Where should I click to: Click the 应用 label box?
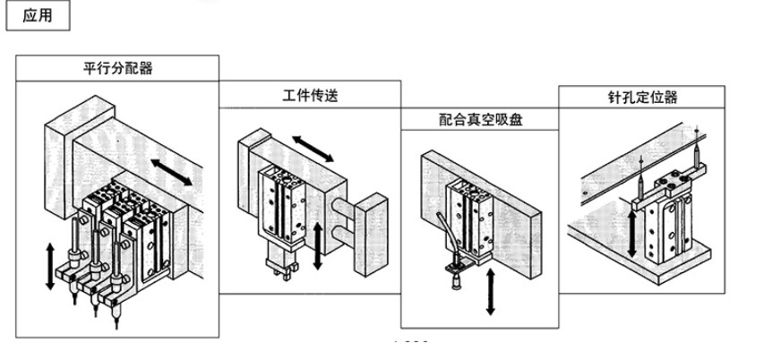(x=38, y=15)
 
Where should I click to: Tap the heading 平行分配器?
(x=117, y=68)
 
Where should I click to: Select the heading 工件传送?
(x=310, y=95)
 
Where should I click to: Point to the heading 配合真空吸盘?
(x=480, y=119)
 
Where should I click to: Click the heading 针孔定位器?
(x=642, y=97)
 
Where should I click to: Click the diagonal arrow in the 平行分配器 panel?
(x=171, y=172)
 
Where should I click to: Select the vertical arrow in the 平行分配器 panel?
(x=50, y=266)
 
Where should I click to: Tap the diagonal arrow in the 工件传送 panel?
(x=313, y=149)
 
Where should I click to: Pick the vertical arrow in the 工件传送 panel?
(x=318, y=246)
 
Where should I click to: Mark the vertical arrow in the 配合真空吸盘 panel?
(x=491, y=292)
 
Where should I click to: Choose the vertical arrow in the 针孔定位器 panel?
(x=631, y=234)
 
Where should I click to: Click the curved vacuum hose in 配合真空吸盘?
(x=446, y=234)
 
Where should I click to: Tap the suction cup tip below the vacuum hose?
(x=454, y=284)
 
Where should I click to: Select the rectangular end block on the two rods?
(x=371, y=235)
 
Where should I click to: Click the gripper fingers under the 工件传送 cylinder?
(x=282, y=270)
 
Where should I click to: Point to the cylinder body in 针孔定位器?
(x=668, y=228)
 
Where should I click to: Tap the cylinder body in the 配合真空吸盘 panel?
(x=469, y=220)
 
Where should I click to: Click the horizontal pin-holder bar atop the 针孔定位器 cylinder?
(x=669, y=189)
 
